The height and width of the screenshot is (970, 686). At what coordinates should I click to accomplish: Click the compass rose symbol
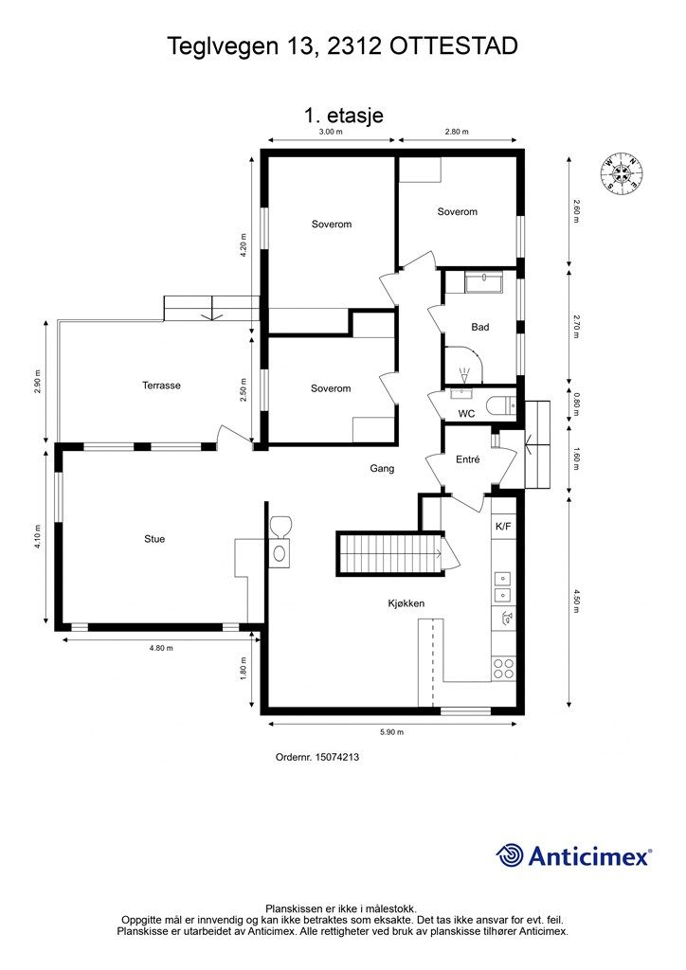click(x=621, y=171)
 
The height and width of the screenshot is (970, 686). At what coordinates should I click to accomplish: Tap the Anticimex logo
click(x=573, y=855)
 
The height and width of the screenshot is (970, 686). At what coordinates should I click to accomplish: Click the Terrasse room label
click(x=161, y=386)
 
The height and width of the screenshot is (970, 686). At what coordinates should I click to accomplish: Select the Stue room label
click(x=154, y=539)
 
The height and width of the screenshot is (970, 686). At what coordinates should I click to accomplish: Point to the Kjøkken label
click(x=406, y=603)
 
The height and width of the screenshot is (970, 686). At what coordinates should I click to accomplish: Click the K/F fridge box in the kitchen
click(x=503, y=527)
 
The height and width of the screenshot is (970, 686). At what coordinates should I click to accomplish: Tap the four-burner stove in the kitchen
click(x=503, y=669)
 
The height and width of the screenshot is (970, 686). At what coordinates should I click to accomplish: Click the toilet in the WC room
click(x=501, y=405)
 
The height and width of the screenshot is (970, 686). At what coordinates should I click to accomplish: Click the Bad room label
click(x=480, y=327)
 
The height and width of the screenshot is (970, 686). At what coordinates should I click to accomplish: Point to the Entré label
click(x=468, y=459)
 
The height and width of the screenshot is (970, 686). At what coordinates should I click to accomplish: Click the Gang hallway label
click(x=382, y=468)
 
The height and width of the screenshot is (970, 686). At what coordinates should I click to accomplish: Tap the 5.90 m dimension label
click(x=391, y=732)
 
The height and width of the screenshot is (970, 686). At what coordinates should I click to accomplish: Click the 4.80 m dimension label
click(x=161, y=648)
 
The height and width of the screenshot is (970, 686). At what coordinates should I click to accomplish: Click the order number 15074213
click(x=337, y=757)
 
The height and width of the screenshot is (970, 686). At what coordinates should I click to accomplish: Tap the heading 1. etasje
click(x=343, y=115)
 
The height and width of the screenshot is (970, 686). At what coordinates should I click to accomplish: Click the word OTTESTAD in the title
click(x=454, y=45)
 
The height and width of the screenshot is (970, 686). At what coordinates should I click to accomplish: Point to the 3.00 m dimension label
click(x=331, y=132)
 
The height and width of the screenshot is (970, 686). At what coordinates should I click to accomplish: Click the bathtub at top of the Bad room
click(x=484, y=282)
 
